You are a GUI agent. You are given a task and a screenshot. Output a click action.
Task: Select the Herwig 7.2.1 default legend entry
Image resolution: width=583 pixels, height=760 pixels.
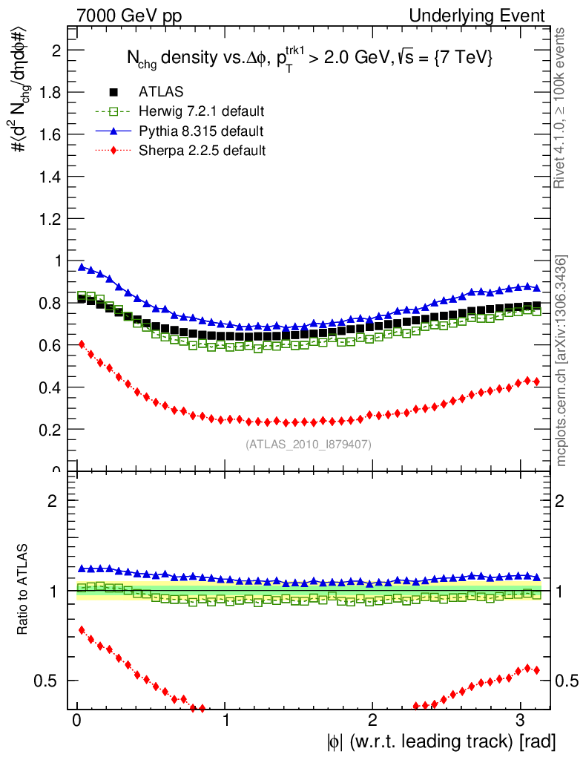pos(201,111)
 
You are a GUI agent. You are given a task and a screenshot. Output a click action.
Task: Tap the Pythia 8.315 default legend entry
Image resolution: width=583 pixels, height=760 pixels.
pos(200,131)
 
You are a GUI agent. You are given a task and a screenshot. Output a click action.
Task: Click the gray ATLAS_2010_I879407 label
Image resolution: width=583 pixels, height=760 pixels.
pos(309,445)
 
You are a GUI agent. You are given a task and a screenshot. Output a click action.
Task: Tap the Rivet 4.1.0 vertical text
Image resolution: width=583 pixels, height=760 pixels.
pos(561,108)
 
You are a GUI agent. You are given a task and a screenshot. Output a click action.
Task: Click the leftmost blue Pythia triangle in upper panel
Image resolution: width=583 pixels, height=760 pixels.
pos(82,267)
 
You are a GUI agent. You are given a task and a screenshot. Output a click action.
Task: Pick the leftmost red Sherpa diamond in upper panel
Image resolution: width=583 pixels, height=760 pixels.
pos(82,344)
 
